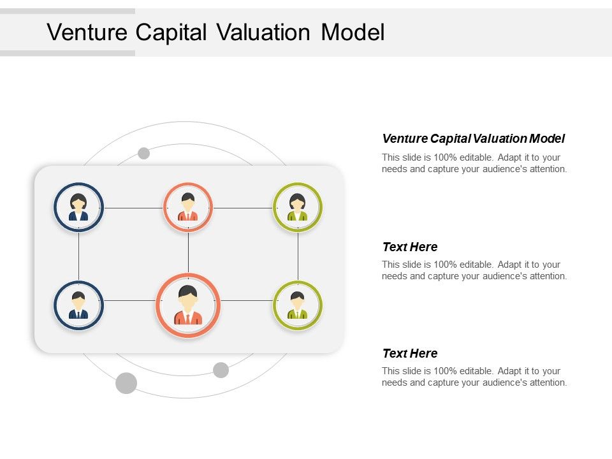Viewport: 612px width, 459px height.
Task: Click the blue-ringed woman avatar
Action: click(78, 207)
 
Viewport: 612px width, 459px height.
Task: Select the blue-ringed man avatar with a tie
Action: click(78, 305)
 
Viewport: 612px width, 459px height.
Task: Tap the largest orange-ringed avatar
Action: click(188, 306)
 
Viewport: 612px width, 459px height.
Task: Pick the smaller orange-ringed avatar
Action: click(188, 207)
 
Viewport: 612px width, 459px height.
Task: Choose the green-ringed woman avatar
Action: click(298, 207)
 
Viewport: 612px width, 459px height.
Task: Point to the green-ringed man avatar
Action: click(298, 305)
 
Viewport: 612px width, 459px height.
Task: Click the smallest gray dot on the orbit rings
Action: click(144, 153)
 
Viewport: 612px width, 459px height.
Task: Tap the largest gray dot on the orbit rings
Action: click(126, 383)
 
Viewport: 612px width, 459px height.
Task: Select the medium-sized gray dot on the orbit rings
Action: click(221, 370)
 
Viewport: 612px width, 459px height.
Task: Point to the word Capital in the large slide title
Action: click(171, 32)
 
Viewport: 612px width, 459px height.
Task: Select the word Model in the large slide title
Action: click(353, 32)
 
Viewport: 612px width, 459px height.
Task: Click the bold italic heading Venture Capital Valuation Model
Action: click(473, 138)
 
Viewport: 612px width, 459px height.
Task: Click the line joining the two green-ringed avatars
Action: click(298, 256)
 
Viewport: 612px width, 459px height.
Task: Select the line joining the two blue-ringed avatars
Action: click(78, 256)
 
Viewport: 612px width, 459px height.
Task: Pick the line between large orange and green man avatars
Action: click(247, 300)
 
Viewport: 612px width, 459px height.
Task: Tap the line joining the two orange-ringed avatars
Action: click(188, 252)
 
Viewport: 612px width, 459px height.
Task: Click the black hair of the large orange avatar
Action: click(188, 292)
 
